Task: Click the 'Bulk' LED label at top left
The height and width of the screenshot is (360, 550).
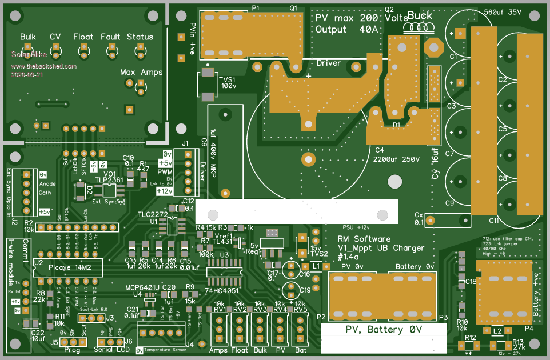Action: tap(28, 37)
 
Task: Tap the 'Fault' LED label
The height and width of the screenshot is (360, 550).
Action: tap(110, 37)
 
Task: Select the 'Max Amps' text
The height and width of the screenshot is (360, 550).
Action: tap(141, 73)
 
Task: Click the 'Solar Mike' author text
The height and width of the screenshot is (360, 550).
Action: tap(26, 54)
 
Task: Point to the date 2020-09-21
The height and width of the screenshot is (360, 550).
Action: tap(26, 74)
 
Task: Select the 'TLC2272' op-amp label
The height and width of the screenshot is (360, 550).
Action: tap(152, 214)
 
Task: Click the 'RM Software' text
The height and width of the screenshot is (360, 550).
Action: tap(364, 239)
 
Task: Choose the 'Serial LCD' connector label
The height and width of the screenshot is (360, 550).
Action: tap(111, 349)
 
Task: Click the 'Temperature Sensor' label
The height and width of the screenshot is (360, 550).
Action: tap(165, 349)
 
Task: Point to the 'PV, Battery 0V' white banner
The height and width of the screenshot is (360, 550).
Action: tap(384, 330)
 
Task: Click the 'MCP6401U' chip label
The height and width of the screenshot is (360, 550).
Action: tap(143, 286)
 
